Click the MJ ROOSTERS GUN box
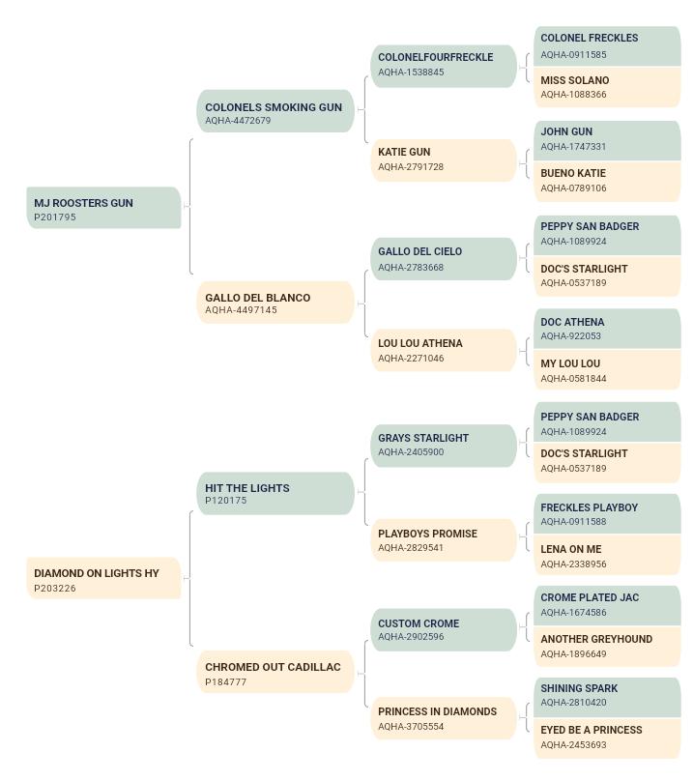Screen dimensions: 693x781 (103, 208)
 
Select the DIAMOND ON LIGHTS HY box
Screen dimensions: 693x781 (103, 578)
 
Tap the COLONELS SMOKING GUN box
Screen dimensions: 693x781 (275, 111)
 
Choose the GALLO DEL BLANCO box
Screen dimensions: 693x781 (275, 303)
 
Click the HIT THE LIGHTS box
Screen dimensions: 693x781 (275, 494)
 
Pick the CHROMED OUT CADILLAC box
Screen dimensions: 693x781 (275, 672)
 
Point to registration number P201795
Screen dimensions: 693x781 (55, 217)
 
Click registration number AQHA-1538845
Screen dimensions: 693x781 (411, 72)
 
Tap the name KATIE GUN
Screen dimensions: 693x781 (404, 152)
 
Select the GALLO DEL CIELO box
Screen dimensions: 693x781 (444, 259)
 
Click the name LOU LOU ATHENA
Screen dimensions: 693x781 (420, 343)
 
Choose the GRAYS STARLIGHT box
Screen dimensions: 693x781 (444, 446)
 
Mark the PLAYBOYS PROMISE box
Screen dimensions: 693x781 (444, 540)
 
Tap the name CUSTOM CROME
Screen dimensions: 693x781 (419, 623)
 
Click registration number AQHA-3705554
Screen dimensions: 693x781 (411, 726)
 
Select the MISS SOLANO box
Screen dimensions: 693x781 (607, 87)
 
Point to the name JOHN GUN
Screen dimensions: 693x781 (566, 131)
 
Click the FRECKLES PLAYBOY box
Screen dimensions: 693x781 (607, 513)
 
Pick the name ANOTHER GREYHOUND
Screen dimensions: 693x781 (596, 639)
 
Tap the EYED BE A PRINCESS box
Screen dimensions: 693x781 (607, 738)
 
